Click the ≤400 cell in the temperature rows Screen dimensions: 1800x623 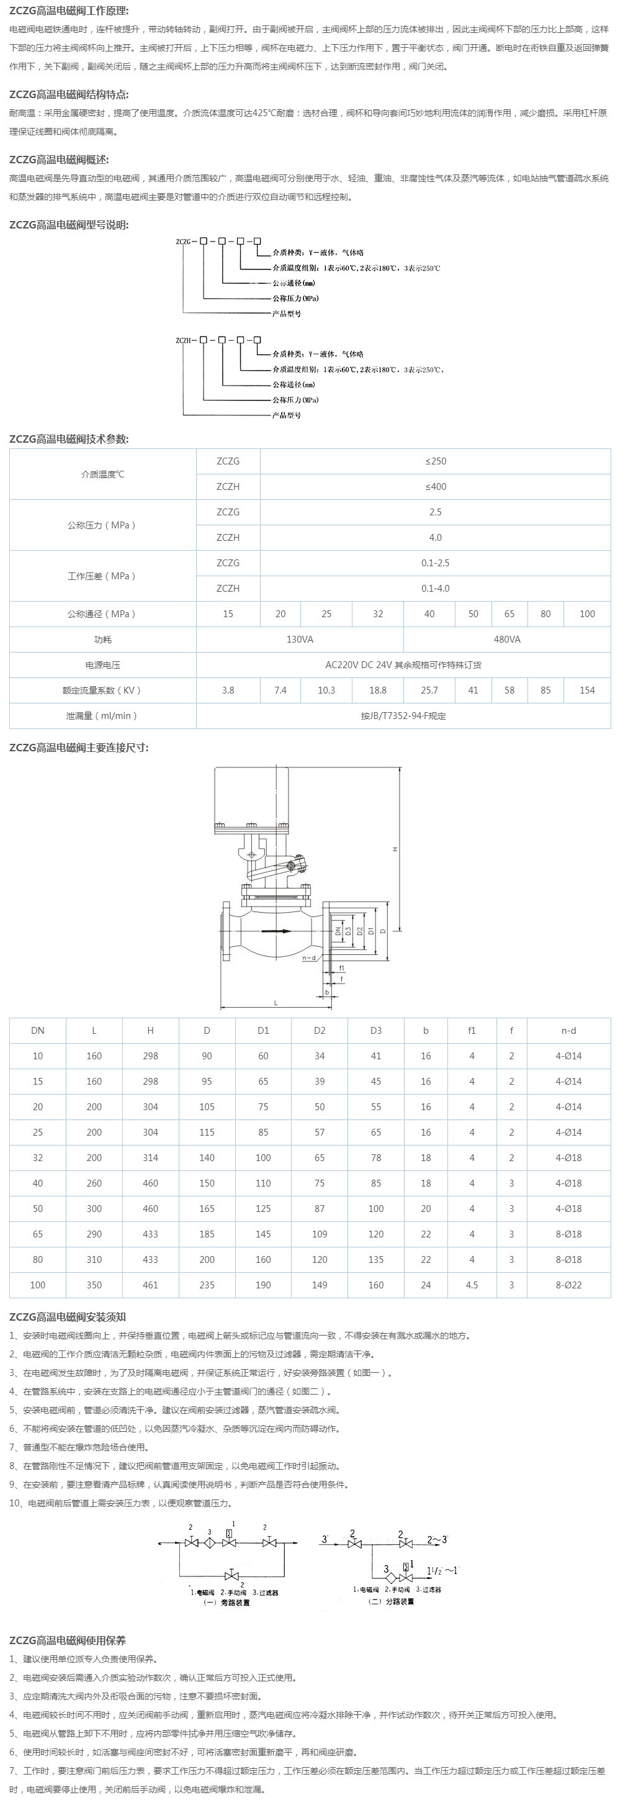[x=435, y=486]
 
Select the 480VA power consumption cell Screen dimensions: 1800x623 [x=506, y=640]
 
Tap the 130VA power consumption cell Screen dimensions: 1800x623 [x=300, y=640]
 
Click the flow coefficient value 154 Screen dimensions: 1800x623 [x=586, y=690]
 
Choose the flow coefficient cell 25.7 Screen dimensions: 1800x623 [x=429, y=690]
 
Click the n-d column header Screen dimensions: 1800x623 [x=568, y=1031]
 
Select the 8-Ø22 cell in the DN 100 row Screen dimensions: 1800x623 [x=568, y=1285]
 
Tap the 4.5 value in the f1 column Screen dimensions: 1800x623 [x=472, y=1285]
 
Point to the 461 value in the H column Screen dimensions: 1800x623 [x=150, y=1285]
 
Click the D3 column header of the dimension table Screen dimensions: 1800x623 [x=376, y=1031]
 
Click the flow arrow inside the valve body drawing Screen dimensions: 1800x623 [x=277, y=931]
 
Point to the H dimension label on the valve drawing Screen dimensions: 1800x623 [x=395, y=849]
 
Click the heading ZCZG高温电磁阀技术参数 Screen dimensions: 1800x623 [x=68, y=439]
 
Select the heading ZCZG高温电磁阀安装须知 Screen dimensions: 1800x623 [x=67, y=1317]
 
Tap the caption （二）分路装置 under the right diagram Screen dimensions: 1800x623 [x=390, y=1601]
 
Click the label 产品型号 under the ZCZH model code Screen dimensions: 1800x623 [x=286, y=415]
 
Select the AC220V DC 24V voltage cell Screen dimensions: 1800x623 [x=403, y=665]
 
